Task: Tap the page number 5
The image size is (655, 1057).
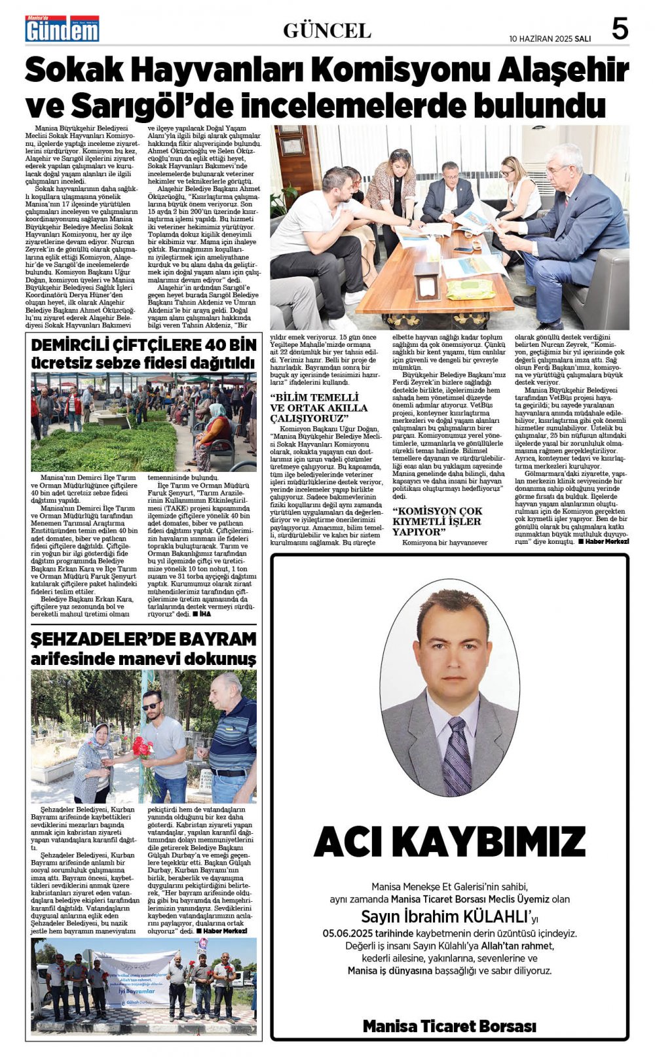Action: pos(620,29)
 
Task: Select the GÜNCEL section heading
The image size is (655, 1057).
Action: pos(327,30)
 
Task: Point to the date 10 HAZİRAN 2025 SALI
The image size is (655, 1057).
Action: pos(550,39)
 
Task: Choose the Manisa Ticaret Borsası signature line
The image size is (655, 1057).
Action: pos(449,1026)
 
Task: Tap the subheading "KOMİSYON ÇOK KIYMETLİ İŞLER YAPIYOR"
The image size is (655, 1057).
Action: pos(437,521)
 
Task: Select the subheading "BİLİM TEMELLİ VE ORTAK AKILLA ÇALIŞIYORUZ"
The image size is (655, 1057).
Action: pos(319,407)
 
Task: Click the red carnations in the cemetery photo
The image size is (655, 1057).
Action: pos(142,747)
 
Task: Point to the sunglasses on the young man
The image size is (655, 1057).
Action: pos(151,706)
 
